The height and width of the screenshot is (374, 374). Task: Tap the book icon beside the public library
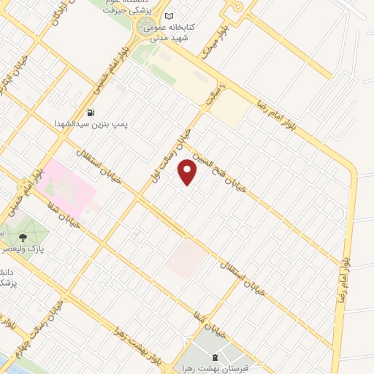170,17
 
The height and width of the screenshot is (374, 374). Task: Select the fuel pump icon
91,112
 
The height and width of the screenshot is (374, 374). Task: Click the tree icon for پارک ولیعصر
22,236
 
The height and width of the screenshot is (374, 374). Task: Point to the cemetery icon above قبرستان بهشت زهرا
214,357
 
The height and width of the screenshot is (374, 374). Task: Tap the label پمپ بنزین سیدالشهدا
91,124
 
